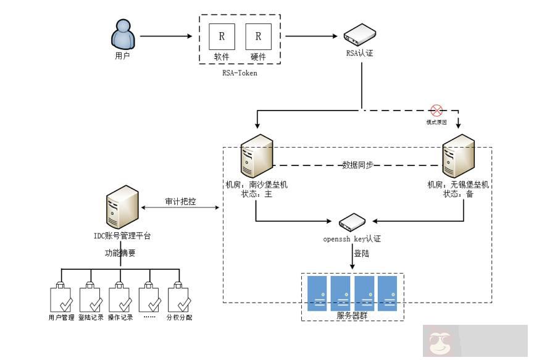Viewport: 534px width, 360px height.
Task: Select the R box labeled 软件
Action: [221, 36]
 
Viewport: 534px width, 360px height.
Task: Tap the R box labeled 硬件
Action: [258, 36]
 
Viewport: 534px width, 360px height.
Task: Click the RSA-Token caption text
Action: [240, 73]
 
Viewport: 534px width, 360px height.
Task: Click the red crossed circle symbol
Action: [436, 111]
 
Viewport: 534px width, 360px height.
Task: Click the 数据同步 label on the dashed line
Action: [357, 165]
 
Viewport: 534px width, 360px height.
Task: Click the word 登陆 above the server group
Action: [361, 253]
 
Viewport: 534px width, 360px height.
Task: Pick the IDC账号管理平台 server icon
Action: [122, 207]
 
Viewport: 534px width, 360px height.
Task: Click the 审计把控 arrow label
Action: [180, 202]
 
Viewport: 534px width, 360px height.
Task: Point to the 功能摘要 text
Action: [120, 253]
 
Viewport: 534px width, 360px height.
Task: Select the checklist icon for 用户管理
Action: [61, 298]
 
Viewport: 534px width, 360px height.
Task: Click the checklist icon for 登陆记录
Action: [91, 298]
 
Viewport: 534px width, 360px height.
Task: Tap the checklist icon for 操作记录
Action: [120, 298]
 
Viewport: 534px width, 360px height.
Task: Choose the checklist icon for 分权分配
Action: [179, 298]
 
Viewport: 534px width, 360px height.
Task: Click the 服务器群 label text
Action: [353, 316]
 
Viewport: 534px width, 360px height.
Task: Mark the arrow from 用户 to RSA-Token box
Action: [166, 36]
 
